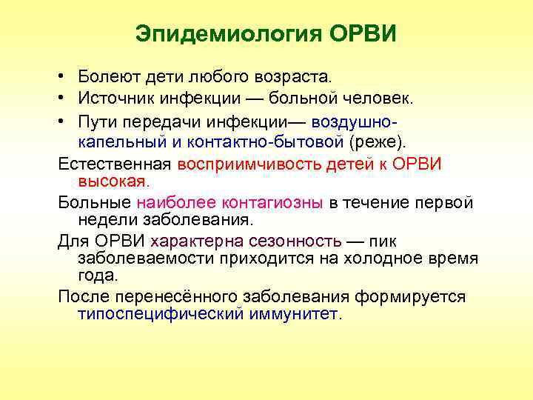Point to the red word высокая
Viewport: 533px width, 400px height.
pos(113,180)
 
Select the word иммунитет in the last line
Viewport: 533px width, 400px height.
pos(295,313)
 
